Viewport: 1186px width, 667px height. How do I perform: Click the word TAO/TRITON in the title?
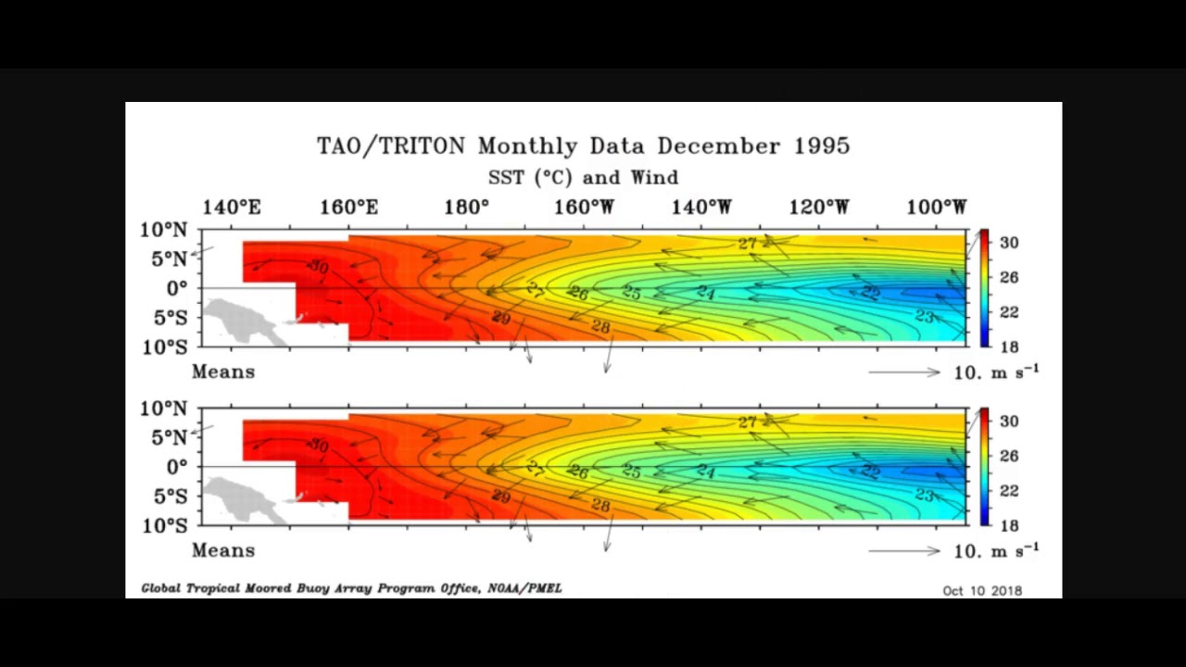tap(392, 146)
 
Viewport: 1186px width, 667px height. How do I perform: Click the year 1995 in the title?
tap(822, 145)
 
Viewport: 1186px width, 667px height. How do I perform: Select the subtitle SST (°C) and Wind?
tap(583, 177)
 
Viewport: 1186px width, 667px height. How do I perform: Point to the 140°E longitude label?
tap(232, 208)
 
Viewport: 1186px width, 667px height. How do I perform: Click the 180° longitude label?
tap(466, 208)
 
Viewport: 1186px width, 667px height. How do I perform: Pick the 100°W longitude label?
tap(937, 208)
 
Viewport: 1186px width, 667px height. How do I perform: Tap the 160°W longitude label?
tap(584, 208)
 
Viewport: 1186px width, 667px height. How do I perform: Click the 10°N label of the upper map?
tap(163, 230)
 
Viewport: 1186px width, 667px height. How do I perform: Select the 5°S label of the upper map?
tap(169, 318)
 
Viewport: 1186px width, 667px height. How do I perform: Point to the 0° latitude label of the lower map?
tap(176, 467)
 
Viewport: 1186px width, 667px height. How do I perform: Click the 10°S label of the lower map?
tap(163, 526)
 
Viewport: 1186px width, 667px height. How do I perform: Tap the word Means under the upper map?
tap(223, 371)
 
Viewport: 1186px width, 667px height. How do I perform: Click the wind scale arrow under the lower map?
tap(903, 551)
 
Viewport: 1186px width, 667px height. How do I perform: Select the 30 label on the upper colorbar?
tap(1009, 243)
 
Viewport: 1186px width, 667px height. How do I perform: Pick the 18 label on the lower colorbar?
tap(1009, 525)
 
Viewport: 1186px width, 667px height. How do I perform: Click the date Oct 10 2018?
tap(982, 590)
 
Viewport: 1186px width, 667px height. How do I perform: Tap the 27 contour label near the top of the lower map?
tap(747, 422)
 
